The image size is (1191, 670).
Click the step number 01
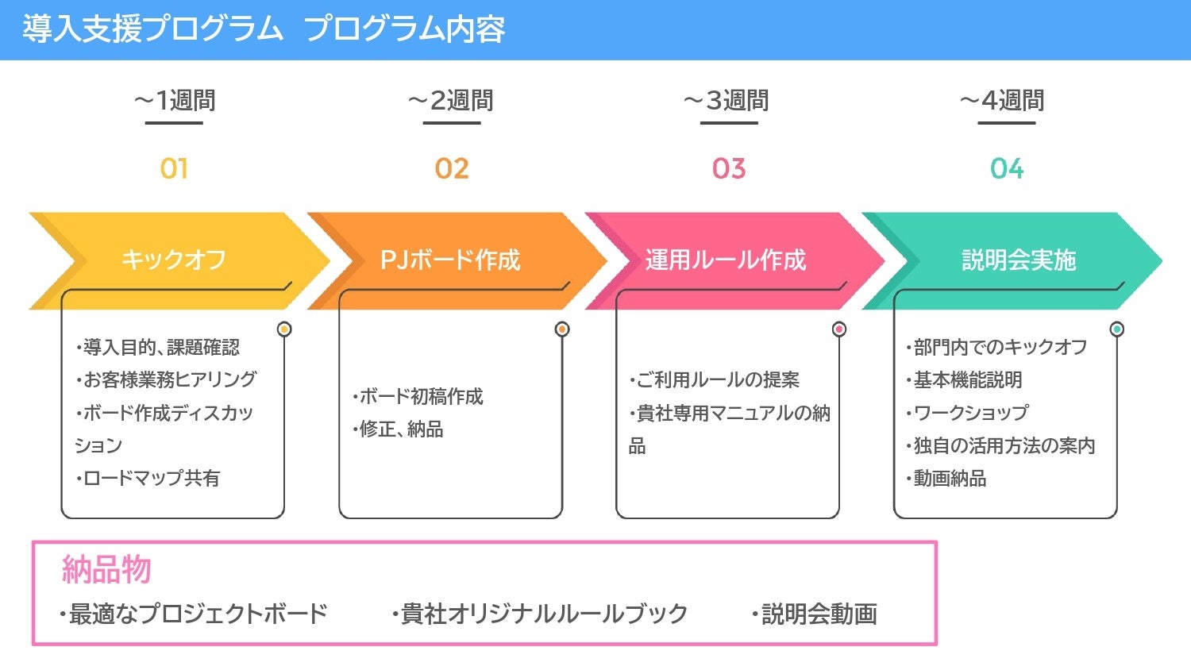click(174, 168)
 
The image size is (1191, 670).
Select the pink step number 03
click(729, 168)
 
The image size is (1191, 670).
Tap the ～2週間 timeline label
click(451, 101)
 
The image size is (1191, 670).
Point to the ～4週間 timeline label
click(1002, 101)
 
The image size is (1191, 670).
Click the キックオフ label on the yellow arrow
click(174, 260)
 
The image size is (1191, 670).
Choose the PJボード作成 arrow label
click(450, 260)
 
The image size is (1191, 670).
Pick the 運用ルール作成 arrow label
click(726, 260)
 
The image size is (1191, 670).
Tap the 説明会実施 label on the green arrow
click(1019, 260)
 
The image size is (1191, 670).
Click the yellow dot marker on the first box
click(284, 329)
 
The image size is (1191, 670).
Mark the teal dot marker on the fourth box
click(1117, 329)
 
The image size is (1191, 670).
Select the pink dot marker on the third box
click(839, 329)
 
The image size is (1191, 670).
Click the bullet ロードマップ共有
click(149, 478)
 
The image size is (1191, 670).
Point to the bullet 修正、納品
click(399, 429)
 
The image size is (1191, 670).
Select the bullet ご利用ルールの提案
click(715, 380)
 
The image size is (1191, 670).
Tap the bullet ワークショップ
click(968, 413)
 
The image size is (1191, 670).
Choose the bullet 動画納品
click(947, 478)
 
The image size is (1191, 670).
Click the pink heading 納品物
click(106, 569)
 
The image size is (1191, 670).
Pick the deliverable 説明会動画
click(816, 614)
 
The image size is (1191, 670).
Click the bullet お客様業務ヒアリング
click(168, 380)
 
